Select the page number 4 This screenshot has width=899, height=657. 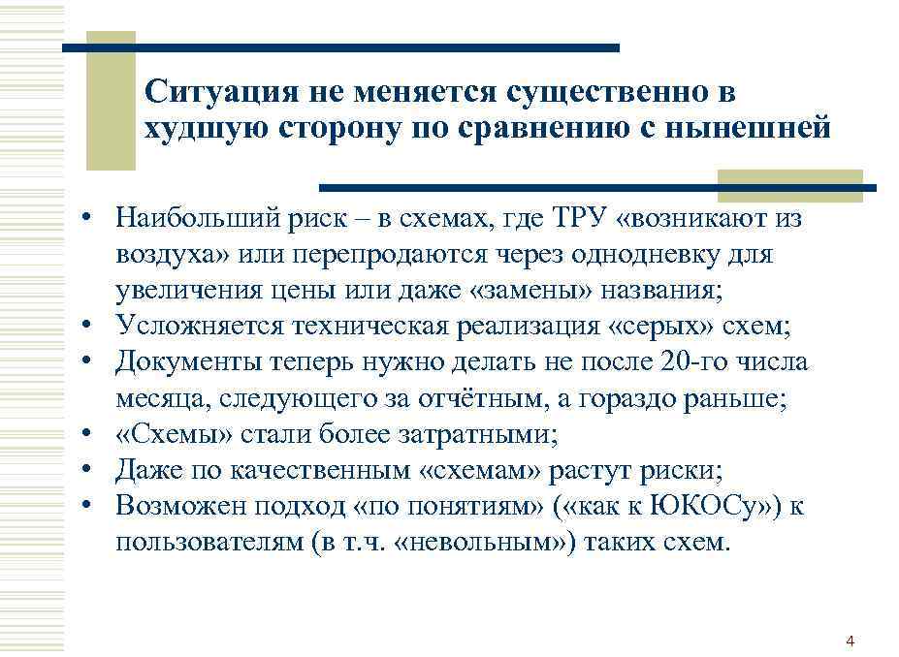coord(851,641)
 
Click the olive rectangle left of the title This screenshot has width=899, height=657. coord(110,100)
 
